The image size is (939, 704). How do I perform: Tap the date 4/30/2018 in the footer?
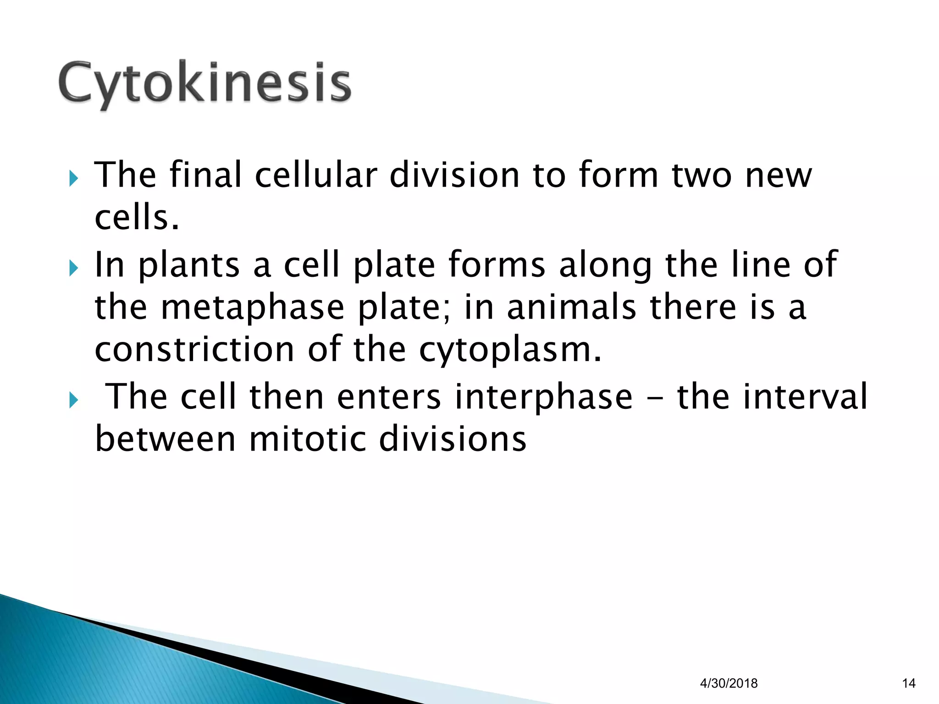(x=729, y=683)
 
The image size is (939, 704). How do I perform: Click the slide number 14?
(x=908, y=683)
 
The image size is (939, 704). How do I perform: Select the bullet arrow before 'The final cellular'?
(x=74, y=178)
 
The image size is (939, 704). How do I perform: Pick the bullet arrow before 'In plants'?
(x=74, y=268)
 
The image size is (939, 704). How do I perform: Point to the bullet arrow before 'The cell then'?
(x=74, y=400)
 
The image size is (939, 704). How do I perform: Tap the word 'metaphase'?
(x=252, y=308)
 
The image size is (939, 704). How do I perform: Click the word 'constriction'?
(x=194, y=349)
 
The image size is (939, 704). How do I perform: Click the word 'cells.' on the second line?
(x=136, y=217)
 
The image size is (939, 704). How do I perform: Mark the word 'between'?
(x=165, y=439)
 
